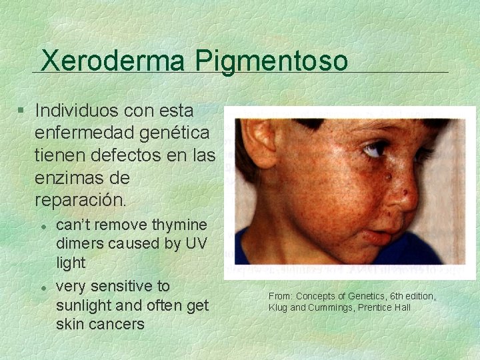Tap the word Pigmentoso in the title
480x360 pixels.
click(272, 61)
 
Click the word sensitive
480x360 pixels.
click(121, 286)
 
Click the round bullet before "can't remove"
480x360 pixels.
click(42, 226)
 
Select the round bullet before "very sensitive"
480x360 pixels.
click(42, 287)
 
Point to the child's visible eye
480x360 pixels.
click(375, 149)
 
